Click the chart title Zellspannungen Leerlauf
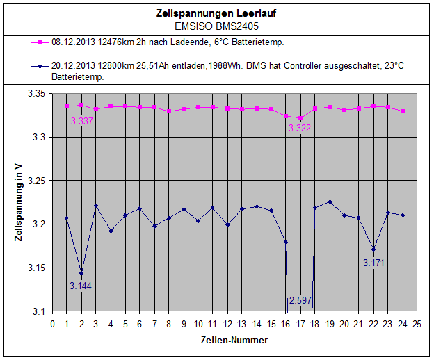[216, 13]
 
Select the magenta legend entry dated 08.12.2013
[167, 42]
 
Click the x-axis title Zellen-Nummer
[235, 340]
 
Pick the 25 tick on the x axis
[417, 323]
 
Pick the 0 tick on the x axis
[53, 323]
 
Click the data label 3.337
[82, 121]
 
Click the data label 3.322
[299, 128]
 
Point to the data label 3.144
[81, 285]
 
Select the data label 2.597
[300, 300]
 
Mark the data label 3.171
[373, 263]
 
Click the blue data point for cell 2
[81, 272]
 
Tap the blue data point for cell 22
[373, 249]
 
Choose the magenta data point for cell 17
[300, 118]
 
